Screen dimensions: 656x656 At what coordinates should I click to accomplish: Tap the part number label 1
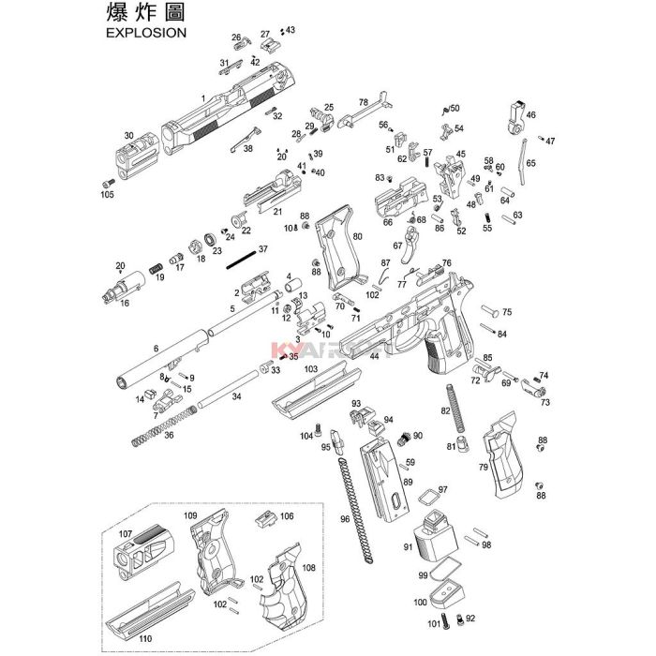[x=202, y=97]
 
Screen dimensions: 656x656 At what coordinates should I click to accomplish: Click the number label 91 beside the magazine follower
[x=408, y=547]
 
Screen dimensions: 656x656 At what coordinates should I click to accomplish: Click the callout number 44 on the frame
[x=374, y=356]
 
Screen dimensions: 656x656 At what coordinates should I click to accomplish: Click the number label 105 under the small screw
[x=106, y=195]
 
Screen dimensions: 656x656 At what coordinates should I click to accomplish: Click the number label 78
[x=363, y=102]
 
